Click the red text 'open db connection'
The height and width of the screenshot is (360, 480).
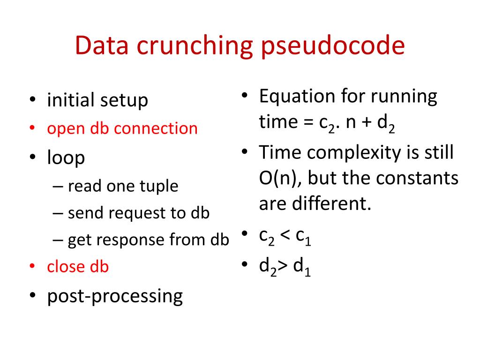point(122,128)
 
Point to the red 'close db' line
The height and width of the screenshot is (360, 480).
point(78,267)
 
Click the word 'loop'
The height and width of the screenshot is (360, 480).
point(66,157)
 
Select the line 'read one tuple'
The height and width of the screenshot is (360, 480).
point(123,187)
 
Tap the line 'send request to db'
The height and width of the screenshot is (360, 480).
point(138,213)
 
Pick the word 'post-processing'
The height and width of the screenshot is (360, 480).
point(115,296)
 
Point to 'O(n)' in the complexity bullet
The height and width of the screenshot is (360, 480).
point(276,179)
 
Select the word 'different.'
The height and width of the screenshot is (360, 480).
point(338,204)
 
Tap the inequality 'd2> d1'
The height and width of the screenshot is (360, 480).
point(285,266)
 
